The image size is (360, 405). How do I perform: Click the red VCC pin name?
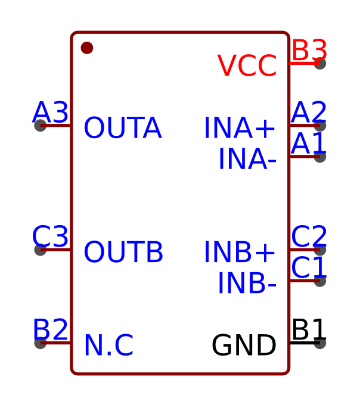(x=247, y=66)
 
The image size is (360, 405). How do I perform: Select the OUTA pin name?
(x=122, y=129)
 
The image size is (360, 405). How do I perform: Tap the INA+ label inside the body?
(x=240, y=129)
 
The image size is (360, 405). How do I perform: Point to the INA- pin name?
(x=247, y=160)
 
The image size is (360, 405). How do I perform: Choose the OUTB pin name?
(x=123, y=253)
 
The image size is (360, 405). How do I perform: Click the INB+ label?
(x=240, y=253)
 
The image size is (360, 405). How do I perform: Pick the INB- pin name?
(x=247, y=283)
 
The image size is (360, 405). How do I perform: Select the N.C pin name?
(x=108, y=346)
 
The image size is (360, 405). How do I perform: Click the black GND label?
(x=244, y=346)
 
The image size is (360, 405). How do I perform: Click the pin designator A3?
(x=51, y=113)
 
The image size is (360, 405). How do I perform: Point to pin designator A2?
(x=309, y=113)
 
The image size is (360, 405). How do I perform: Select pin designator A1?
(x=309, y=144)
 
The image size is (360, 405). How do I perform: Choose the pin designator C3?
(x=51, y=238)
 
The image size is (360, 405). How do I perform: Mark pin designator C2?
(x=309, y=238)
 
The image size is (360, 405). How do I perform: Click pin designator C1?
(x=309, y=269)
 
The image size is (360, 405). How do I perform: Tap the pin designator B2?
(x=51, y=331)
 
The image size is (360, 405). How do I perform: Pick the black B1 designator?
(x=309, y=331)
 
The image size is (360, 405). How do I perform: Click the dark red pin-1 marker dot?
(x=87, y=48)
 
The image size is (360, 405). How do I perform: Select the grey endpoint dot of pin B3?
(x=320, y=63)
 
